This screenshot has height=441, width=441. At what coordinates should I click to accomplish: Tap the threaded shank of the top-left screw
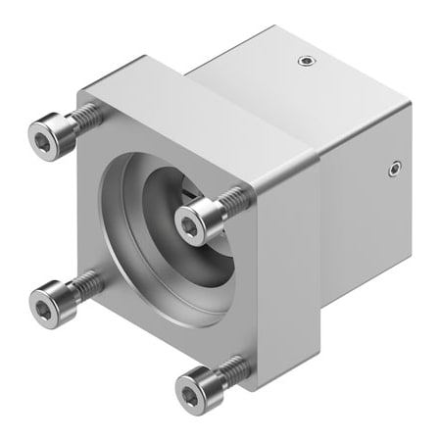(86, 117)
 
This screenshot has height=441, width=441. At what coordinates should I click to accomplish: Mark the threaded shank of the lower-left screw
(87, 283)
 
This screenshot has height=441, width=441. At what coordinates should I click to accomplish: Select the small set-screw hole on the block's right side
(395, 168)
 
